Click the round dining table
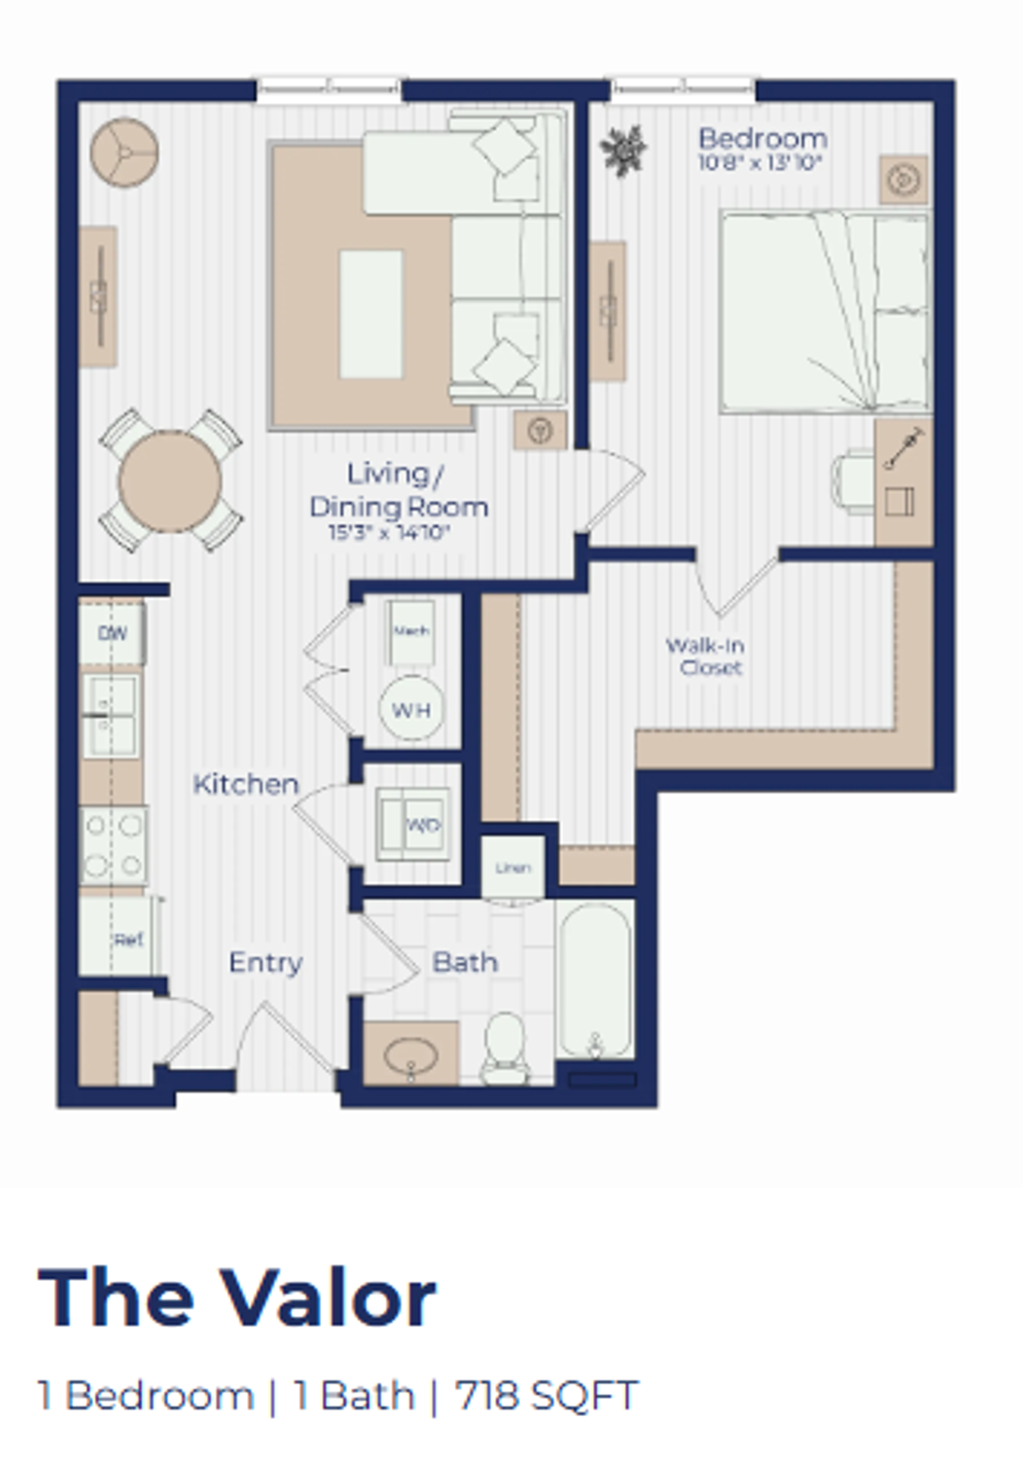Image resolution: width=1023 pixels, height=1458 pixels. tap(169, 481)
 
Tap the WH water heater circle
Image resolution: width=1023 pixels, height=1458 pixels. tap(411, 709)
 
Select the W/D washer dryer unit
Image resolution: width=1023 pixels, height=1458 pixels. tap(414, 825)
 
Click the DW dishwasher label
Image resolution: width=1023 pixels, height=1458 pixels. tap(112, 633)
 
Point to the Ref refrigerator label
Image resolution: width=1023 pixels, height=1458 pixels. tap(128, 940)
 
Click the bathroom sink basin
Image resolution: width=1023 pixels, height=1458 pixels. tap(411, 1056)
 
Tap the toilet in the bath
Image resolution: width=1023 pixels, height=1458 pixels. tap(505, 1047)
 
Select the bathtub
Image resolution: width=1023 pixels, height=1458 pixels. tap(596, 979)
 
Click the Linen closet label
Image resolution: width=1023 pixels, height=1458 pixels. tap(513, 868)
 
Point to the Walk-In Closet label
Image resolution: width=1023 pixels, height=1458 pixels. tap(706, 656)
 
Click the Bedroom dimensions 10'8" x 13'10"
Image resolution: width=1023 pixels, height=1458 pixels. tap(760, 163)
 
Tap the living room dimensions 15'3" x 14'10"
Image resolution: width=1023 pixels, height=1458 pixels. tap(390, 532)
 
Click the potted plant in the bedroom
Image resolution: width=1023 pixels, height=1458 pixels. tap(623, 150)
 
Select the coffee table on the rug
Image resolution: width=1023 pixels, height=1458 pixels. tap(371, 314)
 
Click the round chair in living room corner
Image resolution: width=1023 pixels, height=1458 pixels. tap(125, 152)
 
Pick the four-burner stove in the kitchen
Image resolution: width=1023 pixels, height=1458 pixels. tap(113, 844)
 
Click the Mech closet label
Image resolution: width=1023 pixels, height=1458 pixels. tap(411, 630)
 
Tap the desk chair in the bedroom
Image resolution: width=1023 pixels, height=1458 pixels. tap(852, 481)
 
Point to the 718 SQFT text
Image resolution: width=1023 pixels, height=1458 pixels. tap(546, 1396)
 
